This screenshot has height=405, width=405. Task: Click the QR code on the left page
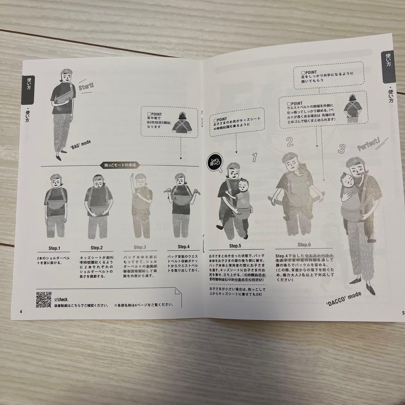[x=43, y=299]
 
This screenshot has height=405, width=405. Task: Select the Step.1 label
[x=54, y=248]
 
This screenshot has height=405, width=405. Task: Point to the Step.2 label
[x=96, y=247]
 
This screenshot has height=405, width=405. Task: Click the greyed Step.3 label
[x=139, y=247]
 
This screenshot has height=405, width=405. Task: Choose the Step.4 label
[x=184, y=247]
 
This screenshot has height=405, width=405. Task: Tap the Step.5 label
[x=234, y=246]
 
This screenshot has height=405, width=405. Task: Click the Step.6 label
[x=304, y=245]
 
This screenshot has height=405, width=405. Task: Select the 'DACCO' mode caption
[x=344, y=298]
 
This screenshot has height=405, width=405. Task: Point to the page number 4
[x=21, y=311]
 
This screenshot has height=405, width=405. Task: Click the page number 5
[x=402, y=312]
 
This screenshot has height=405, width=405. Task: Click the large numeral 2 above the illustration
[x=289, y=142]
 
